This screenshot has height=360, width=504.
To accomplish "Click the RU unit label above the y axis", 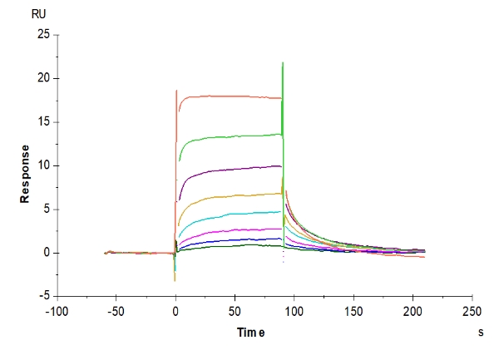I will (38, 15).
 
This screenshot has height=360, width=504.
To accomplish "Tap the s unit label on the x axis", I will (482, 333).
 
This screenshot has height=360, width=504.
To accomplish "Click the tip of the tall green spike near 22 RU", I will (283, 63).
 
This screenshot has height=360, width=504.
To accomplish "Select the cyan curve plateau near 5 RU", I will (250, 212).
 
